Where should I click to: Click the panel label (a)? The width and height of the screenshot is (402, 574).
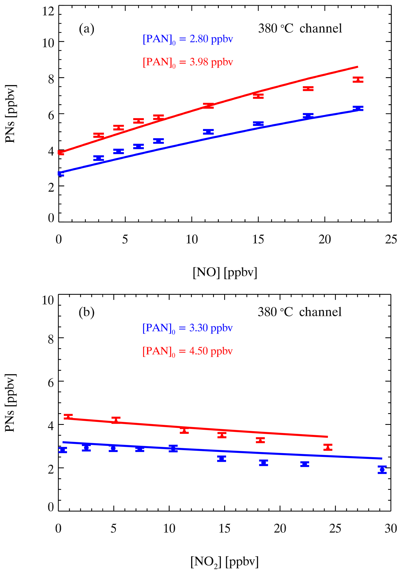click(x=87, y=29)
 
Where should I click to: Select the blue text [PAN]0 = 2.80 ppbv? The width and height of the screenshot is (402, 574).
click(x=188, y=39)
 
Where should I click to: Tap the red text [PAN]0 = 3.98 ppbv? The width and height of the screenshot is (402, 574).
click(x=188, y=62)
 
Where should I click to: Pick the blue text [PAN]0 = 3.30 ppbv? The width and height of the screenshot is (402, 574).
click(x=188, y=328)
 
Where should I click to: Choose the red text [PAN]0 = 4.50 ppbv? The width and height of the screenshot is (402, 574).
click(x=188, y=351)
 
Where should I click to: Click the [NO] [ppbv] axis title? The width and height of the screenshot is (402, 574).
click(x=225, y=272)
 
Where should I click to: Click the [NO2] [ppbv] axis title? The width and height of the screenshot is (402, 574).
click(x=224, y=562)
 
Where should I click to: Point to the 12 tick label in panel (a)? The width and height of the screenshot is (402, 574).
click(x=48, y=11)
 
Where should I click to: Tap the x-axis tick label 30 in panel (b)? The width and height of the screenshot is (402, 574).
click(x=391, y=529)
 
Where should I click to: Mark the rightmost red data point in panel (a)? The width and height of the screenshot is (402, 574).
click(x=358, y=79)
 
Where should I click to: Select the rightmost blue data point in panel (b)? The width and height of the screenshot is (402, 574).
click(x=382, y=470)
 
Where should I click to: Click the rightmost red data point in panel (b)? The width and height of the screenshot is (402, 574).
click(x=328, y=447)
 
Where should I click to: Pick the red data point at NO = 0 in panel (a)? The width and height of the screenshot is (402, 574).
click(x=61, y=152)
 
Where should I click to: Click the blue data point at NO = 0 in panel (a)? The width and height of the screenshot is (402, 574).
click(x=61, y=174)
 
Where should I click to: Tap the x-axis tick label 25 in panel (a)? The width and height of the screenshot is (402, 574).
click(x=391, y=240)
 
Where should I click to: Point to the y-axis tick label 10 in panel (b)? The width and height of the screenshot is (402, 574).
click(x=48, y=300)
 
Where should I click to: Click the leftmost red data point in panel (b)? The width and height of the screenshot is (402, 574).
click(x=68, y=416)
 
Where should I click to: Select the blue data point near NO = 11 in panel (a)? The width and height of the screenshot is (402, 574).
click(x=208, y=132)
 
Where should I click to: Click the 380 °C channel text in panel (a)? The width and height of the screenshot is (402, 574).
click(x=300, y=29)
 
